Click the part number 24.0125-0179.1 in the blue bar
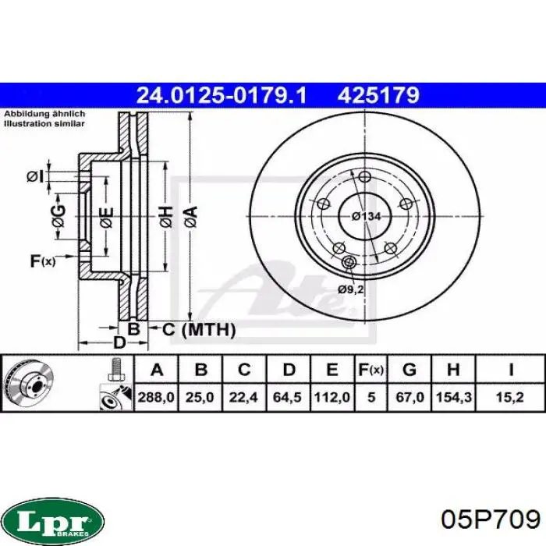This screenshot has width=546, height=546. tap(222, 95)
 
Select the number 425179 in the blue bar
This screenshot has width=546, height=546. tap(378, 95)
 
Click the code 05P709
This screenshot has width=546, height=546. tap(491, 520)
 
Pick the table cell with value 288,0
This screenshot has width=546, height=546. tap(156, 397)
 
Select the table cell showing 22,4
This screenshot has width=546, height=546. tap(244, 397)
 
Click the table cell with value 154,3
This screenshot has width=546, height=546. tap(454, 397)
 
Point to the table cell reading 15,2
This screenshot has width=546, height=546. tap(510, 397)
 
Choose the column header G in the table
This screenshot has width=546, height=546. tap(409, 369)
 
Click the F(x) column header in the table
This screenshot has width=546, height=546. tap(371, 369)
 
